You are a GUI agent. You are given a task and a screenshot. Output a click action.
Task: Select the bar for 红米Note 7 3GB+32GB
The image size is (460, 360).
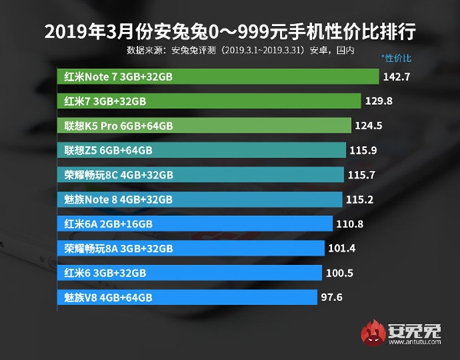click(219, 77)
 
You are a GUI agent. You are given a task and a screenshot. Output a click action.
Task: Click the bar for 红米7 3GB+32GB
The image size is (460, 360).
click(209, 101)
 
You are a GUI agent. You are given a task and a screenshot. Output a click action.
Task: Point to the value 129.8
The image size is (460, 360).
click(380, 101)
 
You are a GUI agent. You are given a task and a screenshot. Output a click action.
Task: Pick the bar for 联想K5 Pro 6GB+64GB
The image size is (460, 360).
click(205, 126)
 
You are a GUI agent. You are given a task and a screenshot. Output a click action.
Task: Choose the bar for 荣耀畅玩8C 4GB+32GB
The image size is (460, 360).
click(200, 175)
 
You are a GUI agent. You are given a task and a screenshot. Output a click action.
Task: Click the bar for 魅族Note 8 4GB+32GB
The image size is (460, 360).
click(199, 199)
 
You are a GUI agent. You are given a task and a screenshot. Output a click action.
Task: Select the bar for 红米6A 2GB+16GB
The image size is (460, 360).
click(195, 224)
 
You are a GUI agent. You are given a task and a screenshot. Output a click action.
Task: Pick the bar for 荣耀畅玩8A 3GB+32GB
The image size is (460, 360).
click(191, 248)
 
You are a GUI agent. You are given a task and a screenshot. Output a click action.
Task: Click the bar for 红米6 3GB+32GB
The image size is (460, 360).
click(189, 273)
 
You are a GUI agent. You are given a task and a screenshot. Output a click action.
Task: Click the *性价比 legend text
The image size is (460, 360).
click(396, 58)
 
